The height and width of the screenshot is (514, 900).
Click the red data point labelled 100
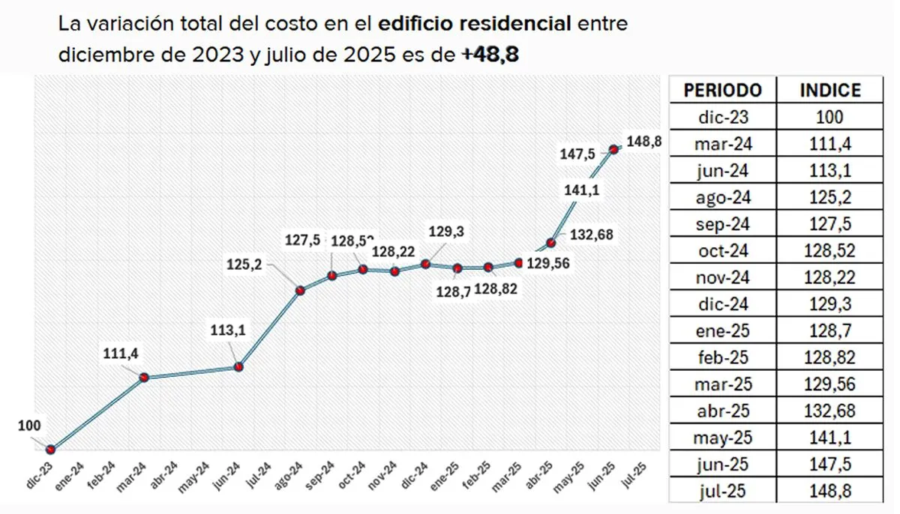51,450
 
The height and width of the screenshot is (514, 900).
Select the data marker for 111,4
144,378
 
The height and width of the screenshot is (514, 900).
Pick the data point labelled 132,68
550,243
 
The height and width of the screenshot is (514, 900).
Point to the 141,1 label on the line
581,190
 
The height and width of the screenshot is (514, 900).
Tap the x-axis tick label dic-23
40,475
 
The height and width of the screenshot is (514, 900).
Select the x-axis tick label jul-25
635,475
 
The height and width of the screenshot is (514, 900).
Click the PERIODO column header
722,91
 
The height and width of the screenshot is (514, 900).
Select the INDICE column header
830,91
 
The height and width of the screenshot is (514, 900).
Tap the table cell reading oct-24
722,251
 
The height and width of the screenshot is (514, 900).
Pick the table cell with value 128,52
830,251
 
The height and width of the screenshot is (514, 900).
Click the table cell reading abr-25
722,411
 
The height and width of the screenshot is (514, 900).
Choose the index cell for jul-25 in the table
830,492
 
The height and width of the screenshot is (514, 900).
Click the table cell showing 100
830,118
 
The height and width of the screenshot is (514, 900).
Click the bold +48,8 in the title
490,54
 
